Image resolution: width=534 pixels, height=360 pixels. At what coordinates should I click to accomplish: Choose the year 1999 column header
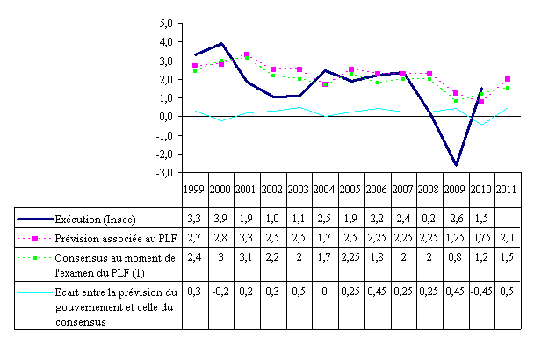pyautogui.click(x=195, y=190)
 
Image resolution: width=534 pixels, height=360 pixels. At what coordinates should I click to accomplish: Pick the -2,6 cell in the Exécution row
pyautogui.click(x=455, y=217)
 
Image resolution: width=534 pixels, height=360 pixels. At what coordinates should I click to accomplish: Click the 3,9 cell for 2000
pyautogui.click(x=221, y=217)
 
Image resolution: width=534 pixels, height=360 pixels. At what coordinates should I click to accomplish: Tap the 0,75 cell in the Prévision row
pyautogui.click(x=481, y=237)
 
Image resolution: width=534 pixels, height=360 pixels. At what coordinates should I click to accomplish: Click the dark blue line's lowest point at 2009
pyautogui.click(x=456, y=165)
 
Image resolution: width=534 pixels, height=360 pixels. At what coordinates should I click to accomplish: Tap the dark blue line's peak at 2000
pyautogui.click(x=221, y=43)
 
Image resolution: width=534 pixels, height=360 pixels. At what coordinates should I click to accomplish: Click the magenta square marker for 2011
pyautogui.click(x=508, y=79)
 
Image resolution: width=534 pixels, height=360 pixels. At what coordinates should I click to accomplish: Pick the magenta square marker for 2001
pyautogui.click(x=247, y=54)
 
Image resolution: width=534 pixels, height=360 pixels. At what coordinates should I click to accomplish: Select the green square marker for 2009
pyautogui.click(x=456, y=101)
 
